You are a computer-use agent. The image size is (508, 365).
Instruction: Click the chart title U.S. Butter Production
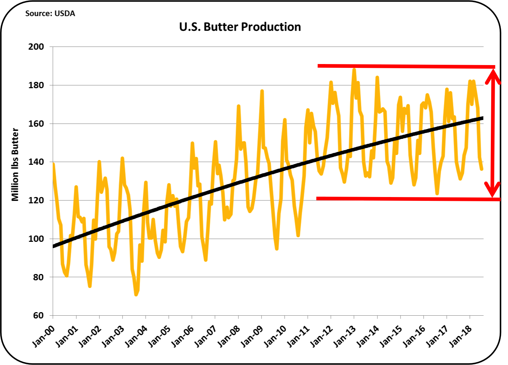pos(240,27)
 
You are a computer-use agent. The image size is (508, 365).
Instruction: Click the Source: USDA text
pos(50,14)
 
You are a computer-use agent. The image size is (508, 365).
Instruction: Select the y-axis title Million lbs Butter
pos(15,164)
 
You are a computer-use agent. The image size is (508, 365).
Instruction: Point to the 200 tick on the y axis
pos(36,47)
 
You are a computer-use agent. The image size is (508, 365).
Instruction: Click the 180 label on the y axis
pos(36,85)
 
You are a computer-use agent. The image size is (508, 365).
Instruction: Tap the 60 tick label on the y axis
pos(39,315)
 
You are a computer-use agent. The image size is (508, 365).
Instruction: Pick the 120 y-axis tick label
pos(36,200)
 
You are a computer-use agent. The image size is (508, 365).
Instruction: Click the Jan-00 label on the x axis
pos(43,336)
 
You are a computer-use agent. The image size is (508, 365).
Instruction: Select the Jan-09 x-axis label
pos(251,336)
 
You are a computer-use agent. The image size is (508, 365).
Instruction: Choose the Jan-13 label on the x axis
pos(344,336)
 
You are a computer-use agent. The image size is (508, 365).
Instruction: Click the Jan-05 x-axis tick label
pos(159,336)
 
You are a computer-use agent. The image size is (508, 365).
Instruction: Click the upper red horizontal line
pos(406,66)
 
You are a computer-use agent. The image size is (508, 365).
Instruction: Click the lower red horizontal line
pos(406,199)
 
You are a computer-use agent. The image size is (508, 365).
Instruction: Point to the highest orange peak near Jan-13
pos(354,69)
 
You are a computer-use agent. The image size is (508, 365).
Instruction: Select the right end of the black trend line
pos(482,118)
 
